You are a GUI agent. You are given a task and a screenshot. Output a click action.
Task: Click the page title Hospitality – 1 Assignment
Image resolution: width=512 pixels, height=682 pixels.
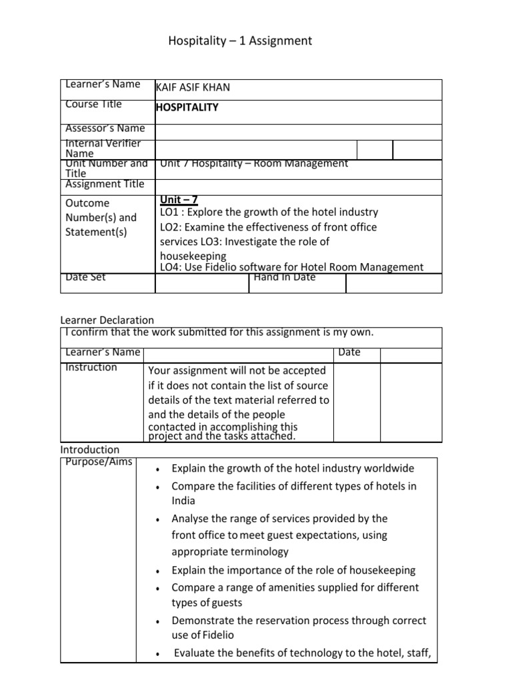coord(239,41)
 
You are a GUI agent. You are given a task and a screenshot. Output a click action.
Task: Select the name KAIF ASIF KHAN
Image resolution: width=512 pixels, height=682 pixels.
coord(193,88)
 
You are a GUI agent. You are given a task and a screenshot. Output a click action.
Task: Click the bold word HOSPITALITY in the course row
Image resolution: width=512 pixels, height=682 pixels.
coord(187,107)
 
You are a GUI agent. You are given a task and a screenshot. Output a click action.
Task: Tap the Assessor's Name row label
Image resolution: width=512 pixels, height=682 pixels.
coord(105,128)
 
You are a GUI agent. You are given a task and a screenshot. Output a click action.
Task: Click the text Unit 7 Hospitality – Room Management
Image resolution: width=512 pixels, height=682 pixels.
coord(254,163)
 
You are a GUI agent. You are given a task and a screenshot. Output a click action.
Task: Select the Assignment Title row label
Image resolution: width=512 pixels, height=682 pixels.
coord(105,184)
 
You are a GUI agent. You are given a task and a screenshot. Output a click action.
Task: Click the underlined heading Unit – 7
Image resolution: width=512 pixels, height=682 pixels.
coord(179,200)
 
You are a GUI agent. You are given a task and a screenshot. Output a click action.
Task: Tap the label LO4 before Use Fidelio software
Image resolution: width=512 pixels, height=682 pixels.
coord(170,267)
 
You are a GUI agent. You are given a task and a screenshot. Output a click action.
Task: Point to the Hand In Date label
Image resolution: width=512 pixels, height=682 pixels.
coord(285,277)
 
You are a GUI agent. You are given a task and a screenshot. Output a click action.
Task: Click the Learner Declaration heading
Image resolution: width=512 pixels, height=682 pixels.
coord(107,320)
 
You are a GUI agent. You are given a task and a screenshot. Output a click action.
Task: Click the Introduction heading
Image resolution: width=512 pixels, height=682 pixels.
coord(90,450)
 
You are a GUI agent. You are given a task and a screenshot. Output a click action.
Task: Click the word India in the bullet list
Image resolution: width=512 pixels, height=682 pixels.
coord(183,501)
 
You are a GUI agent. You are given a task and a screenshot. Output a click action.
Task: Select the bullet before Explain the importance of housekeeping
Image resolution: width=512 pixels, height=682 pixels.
coord(156,571)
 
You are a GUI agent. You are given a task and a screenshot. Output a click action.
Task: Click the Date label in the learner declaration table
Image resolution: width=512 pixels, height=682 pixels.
coord(349,352)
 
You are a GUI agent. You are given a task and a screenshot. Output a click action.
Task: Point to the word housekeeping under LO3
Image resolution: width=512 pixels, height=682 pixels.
coord(193,256)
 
